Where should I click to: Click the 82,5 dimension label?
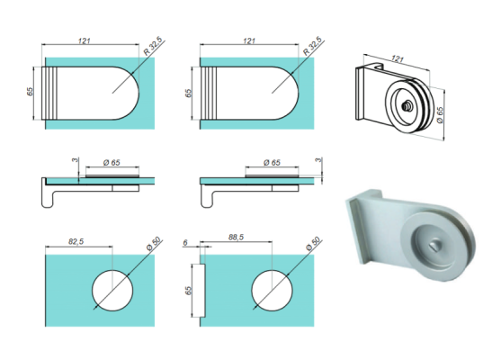click(76, 241)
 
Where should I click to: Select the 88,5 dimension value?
click(236, 237)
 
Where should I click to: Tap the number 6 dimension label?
click(185, 243)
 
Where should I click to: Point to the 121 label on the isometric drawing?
click(398, 59)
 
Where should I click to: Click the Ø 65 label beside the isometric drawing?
click(440, 115)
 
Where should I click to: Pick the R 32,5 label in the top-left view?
click(153, 47)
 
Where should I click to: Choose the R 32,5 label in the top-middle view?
click(312, 47)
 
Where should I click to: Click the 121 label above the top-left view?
click(85, 40)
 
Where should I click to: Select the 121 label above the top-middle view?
click(249, 40)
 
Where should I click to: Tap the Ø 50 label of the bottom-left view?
click(154, 244)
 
